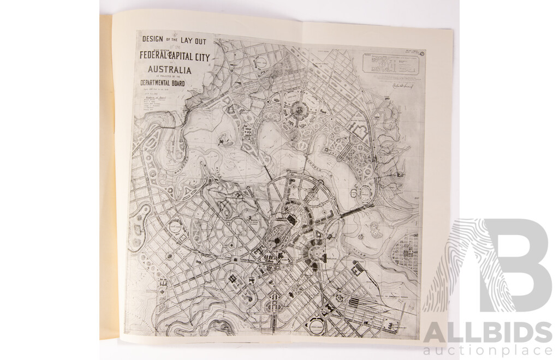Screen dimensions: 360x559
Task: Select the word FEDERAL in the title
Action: [x=157, y=55]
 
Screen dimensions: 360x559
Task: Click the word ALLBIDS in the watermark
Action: [x=487, y=332]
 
